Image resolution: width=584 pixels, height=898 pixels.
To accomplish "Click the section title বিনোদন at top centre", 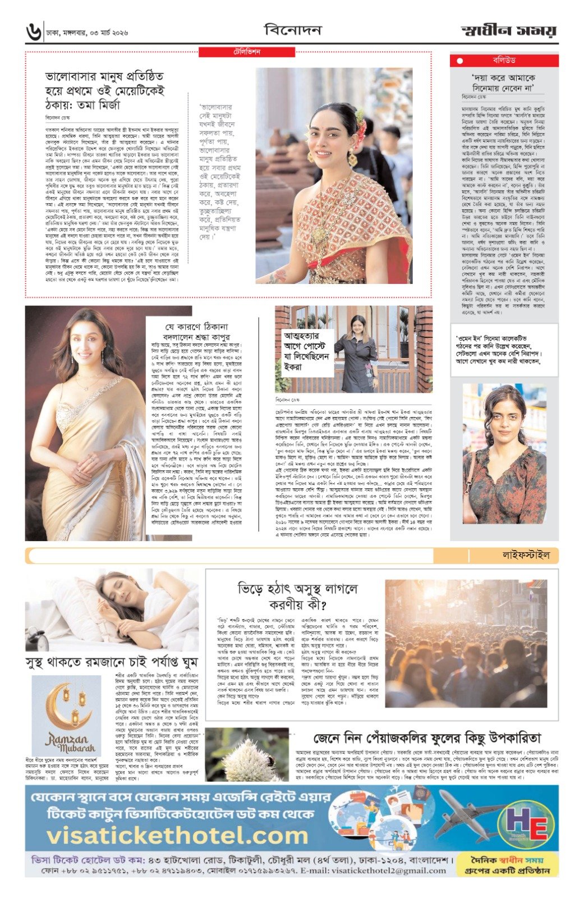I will (293, 30).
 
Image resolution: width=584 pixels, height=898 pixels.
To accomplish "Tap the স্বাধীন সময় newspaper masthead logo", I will (509, 31).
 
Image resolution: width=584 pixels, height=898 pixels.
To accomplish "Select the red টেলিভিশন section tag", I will (247, 52).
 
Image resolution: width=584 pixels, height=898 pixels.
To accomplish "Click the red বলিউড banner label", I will (504, 60).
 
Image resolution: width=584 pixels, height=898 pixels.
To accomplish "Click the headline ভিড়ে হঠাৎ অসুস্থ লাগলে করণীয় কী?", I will (297, 597).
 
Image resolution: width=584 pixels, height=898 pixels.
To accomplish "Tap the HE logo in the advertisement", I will (529, 827).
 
